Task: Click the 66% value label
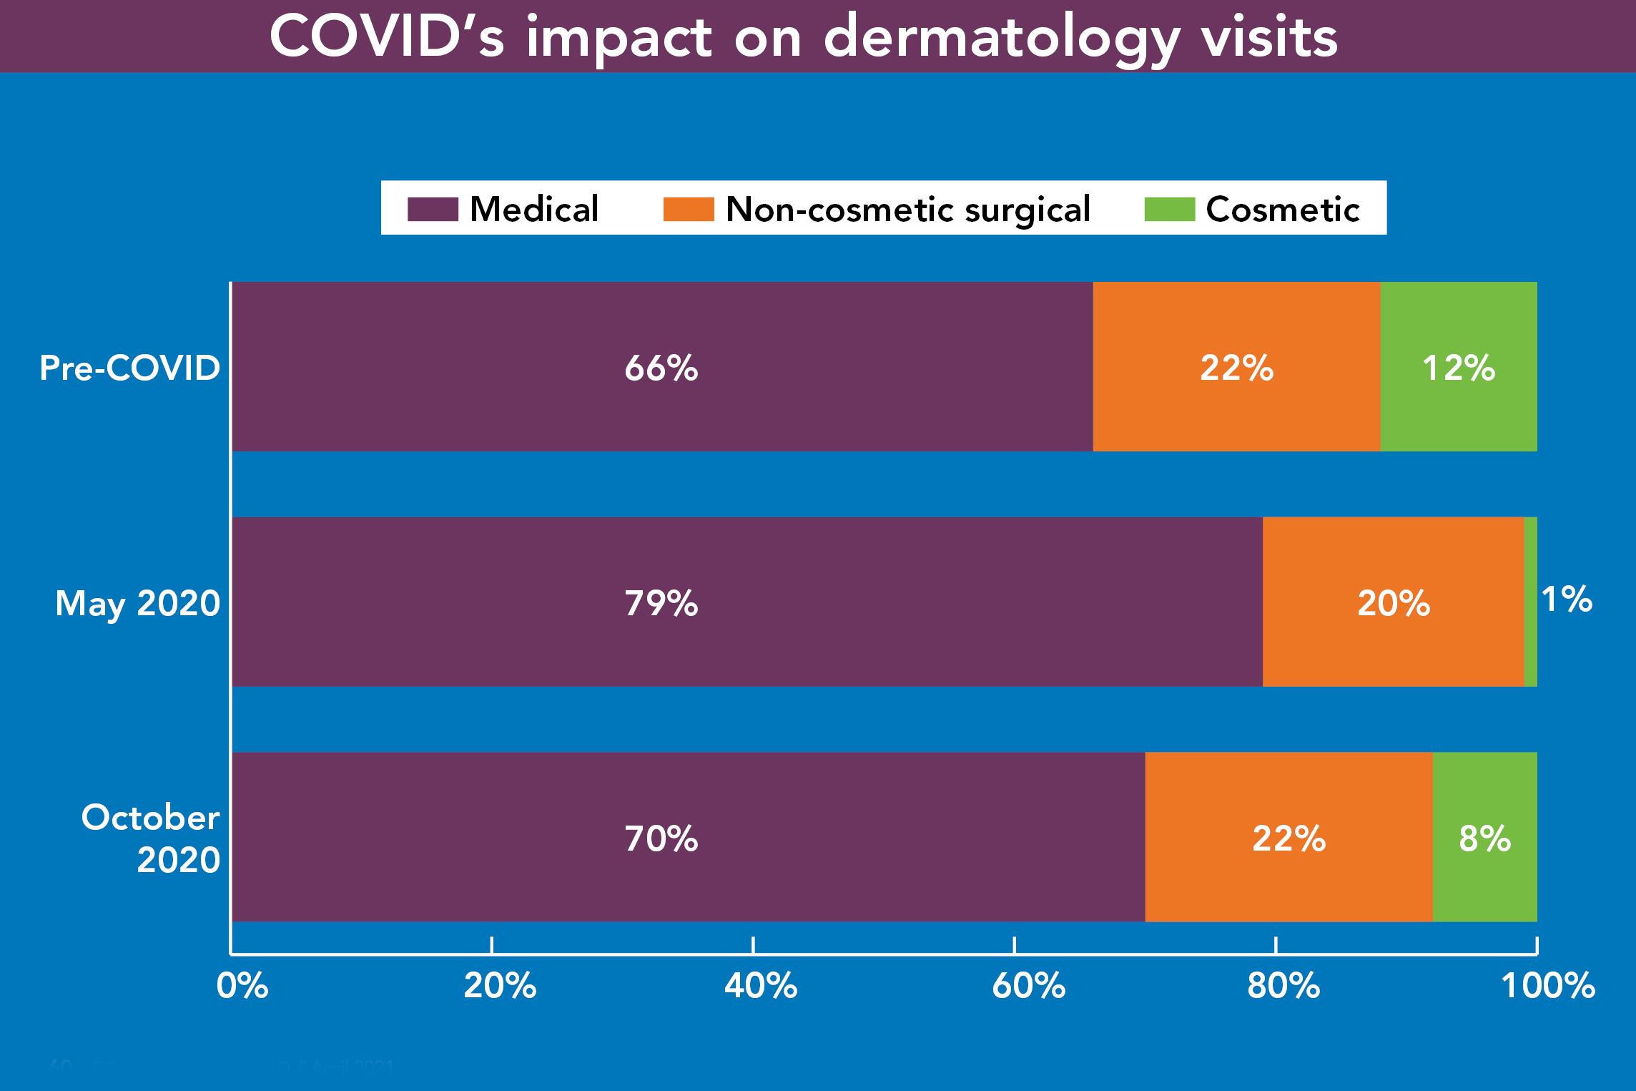(x=661, y=368)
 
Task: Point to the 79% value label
(x=661, y=603)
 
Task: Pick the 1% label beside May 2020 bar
(x=1567, y=600)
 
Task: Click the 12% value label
(x=1459, y=368)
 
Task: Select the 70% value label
(x=661, y=838)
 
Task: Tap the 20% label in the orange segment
(x=1394, y=603)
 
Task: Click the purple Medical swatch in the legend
(x=433, y=210)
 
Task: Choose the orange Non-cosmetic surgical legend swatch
(x=689, y=210)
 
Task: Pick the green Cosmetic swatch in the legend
(x=1169, y=210)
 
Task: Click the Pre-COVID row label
(x=129, y=368)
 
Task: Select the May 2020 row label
(x=137, y=603)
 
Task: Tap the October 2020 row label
(x=150, y=838)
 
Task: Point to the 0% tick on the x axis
(x=242, y=986)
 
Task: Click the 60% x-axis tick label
(x=1028, y=986)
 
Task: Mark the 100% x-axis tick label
(x=1548, y=986)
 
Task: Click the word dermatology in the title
(x=1001, y=37)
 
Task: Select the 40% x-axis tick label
(x=761, y=986)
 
